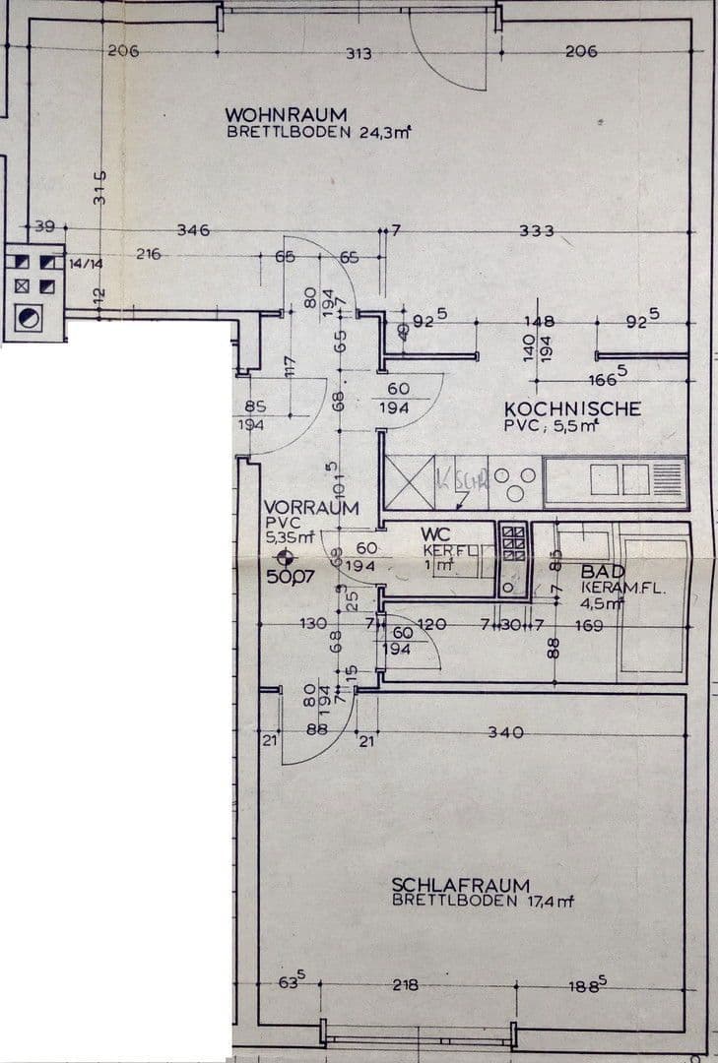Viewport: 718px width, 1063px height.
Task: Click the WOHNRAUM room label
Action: pyautogui.click(x=286, y=115)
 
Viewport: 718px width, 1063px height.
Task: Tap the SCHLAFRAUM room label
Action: pyautogui.click(x=460, y=885)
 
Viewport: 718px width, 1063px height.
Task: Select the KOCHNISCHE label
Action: pyautogui.click(x=572, y=408)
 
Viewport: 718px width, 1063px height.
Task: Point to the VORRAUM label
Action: pyautogui.click(x=310, y=508)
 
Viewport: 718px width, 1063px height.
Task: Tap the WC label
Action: pyautogui.click(x=434, y=533)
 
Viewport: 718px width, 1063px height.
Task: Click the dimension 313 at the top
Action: pyautogui.click(x=359, y=53)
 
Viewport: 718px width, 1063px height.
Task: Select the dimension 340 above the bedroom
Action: pyautogui.click(x=504, y=732)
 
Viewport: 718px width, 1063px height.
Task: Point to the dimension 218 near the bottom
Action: pyautogui.click(x=405, y=985)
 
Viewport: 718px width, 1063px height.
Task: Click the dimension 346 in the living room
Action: pyautogui.click(x=193, y=230)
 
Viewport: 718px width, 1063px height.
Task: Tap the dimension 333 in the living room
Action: pyautogui.click(x=537, y=231)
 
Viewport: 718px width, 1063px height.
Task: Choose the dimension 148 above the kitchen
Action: pyautogui.click(x=540, y=321)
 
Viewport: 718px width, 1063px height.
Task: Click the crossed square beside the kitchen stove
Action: pyautogui.click(x=407, y=483)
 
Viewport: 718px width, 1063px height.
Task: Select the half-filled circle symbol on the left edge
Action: pyautogui.click(x=30, y=317)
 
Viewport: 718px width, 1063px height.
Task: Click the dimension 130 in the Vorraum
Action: pyautogui.click(x=313, y=624)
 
